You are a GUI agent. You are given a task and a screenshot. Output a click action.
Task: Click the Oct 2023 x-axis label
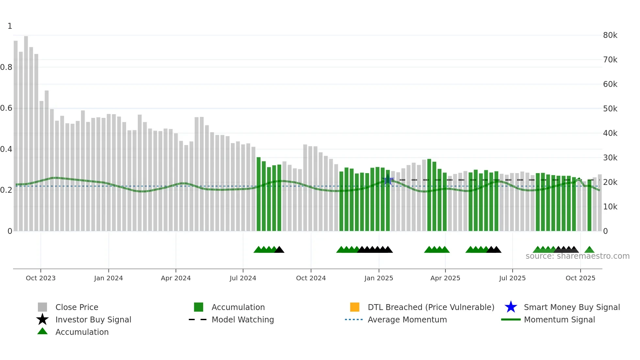pos(40,278)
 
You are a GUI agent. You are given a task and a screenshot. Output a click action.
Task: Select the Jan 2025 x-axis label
pos(378,278)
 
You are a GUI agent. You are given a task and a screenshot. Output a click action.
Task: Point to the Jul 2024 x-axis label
pos(243,278)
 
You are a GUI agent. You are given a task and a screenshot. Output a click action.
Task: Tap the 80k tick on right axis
pos(610,35)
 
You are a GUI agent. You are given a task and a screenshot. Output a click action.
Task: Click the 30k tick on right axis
pos(610,158)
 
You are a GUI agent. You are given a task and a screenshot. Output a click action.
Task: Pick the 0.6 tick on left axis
pos(6,108)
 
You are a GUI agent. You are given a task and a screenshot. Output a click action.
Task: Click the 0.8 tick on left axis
pos(6,67)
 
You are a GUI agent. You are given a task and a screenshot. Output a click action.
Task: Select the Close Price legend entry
pos(76,307)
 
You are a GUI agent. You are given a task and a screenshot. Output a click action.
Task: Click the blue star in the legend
pos(511,307)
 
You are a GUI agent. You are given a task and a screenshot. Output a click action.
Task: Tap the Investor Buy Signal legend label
pos(93,319)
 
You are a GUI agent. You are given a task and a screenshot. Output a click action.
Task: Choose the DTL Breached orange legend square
pos(355,307)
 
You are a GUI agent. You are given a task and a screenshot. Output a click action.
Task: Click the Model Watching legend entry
pos(242,319)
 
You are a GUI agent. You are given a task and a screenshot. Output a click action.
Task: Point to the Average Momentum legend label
pos(407,319)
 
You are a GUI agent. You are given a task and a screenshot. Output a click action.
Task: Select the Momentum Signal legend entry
pos(559,319)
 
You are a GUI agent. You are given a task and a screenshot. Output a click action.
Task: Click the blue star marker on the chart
pos(388,180)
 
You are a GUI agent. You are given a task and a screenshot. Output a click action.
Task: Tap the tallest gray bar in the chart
pos(26,131)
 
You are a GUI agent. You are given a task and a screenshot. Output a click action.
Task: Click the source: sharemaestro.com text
pos(577,256)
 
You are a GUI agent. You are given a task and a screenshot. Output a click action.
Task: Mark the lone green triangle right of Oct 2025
pos(589,250)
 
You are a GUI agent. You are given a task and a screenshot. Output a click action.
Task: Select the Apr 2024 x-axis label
pos(176,278)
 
